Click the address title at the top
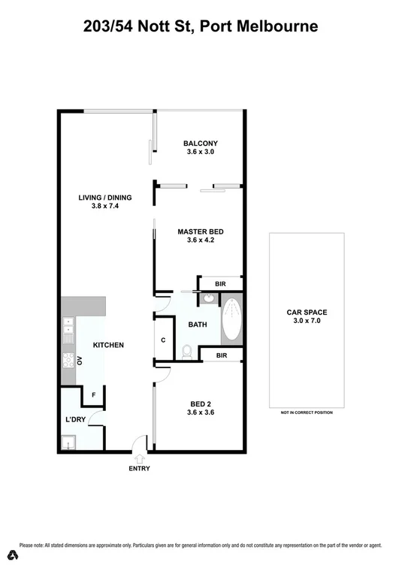(x=201, y=27)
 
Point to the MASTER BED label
(x=200, y=236)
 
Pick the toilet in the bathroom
(x=187, y=350)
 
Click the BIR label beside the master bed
(x=220, y=284)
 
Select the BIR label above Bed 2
(x=222, y=355)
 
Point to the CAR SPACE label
(x=307, y=316)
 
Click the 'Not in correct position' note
(x=307, y=412)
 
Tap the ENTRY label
(x=140, y=469)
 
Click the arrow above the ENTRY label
(x=140, y=458)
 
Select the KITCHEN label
(x=108, y=345)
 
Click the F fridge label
(x=93, y=394)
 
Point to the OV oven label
(x=80, y=361)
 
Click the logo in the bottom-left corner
(x=12, y=555)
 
